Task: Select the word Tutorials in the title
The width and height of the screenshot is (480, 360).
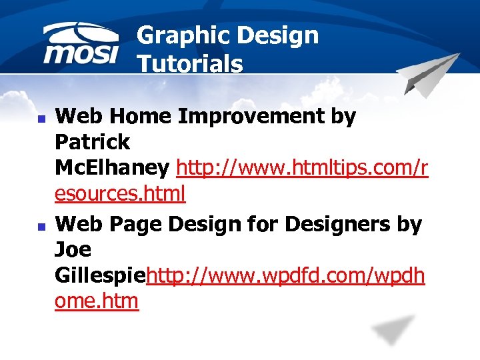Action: click(190, 64)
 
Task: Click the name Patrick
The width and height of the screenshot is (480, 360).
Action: click(93, 142)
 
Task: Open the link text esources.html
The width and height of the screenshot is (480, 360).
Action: click(120, 194)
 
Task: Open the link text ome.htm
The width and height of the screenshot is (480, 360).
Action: click(97, 301)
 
